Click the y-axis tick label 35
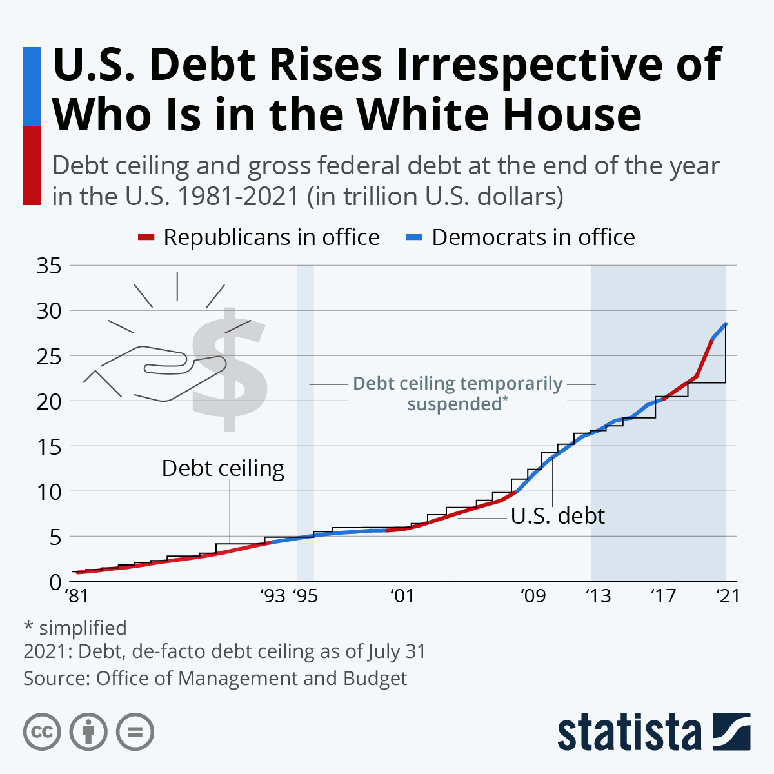(48, 266)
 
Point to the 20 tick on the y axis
(48, 401)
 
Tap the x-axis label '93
(273, 596)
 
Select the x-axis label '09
(533, 596)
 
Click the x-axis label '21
(728, 596)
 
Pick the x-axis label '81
(77, 596)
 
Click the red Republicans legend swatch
(146, 238)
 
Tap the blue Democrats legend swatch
(414, 238)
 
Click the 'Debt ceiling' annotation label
(223, 468)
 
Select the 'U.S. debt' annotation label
(558, 516)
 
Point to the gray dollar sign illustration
(229, 371)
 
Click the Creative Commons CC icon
(42, 732)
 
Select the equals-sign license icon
(135, 732)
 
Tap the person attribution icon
(88, 732)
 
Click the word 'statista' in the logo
(629, 732)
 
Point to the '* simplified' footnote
(75, 628)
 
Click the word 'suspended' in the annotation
(455, 404)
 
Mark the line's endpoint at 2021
(726, 324)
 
